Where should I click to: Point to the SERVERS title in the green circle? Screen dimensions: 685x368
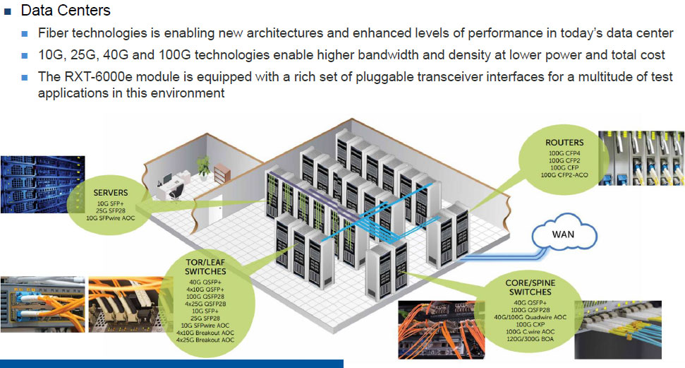point(110,191)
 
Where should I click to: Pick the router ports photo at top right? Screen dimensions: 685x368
point(641,158)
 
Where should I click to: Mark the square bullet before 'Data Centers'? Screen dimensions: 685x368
point(8,11)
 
